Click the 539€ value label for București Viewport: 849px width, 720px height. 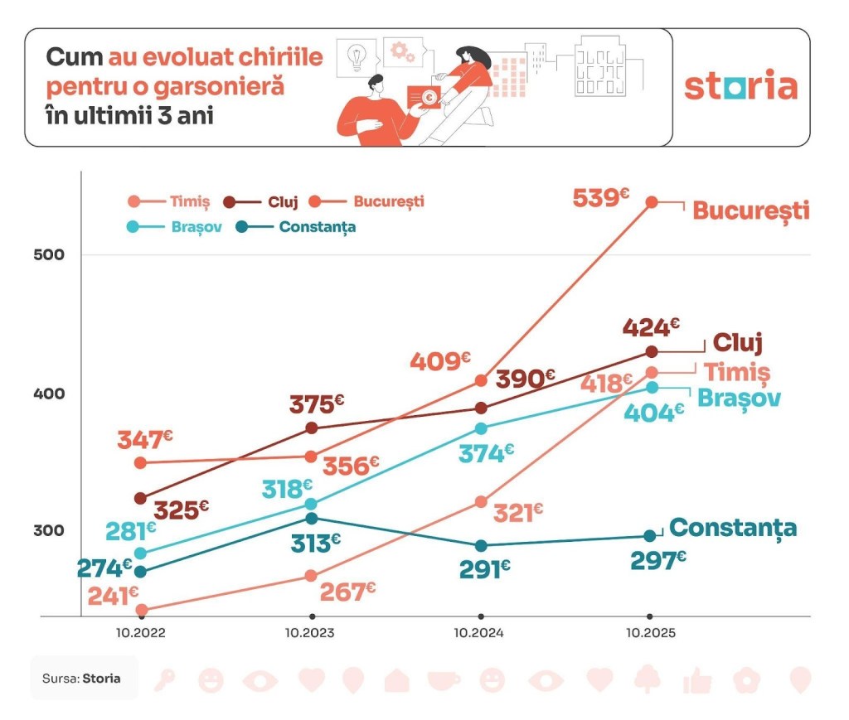point(601,199)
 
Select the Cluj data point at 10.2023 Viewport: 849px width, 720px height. point(312,428)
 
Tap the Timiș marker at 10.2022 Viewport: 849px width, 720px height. point(141,610)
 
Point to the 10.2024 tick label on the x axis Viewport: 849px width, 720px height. point(481,633)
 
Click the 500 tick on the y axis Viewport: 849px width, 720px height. point(50,254)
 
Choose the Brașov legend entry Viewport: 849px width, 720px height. point(175,226)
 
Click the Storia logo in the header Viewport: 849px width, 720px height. point(740,87)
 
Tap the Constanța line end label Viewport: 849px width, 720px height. point(733,528)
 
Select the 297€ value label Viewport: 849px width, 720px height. point(657,561)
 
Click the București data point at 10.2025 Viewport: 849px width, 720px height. point(652,201)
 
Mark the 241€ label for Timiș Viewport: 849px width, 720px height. point(113,597)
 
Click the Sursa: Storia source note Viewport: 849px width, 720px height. point(81,678)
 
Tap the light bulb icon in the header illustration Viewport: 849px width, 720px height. point(357,56)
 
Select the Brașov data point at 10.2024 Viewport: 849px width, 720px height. point(481,428)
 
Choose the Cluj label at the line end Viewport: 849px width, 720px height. point(737,342)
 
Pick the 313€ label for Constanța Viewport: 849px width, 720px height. point(314,543)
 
